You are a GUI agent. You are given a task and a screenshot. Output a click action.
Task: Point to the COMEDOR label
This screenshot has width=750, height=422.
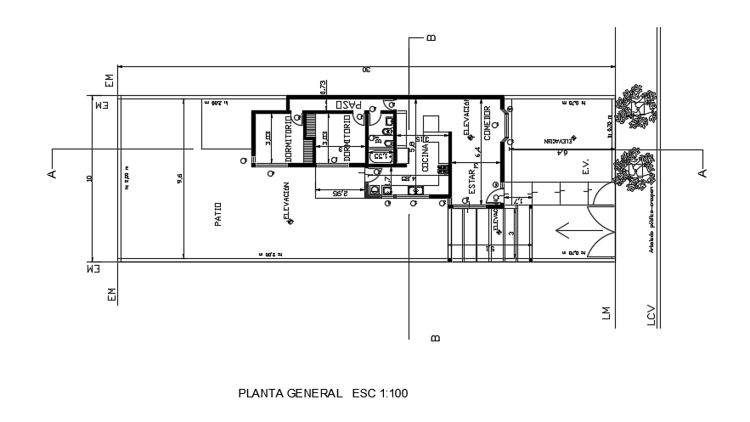(488, 123)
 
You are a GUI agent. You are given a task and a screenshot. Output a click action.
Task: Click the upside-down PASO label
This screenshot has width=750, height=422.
(348, 105)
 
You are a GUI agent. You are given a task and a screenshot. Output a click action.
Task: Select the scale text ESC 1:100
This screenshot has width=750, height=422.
(380, 393)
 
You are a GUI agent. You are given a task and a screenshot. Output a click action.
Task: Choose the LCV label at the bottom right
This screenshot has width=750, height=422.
(651, 314)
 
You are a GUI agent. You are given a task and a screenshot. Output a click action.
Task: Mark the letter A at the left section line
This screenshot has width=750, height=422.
(51, 173)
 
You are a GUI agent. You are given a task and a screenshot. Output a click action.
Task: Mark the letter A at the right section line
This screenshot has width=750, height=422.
(702, 172)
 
